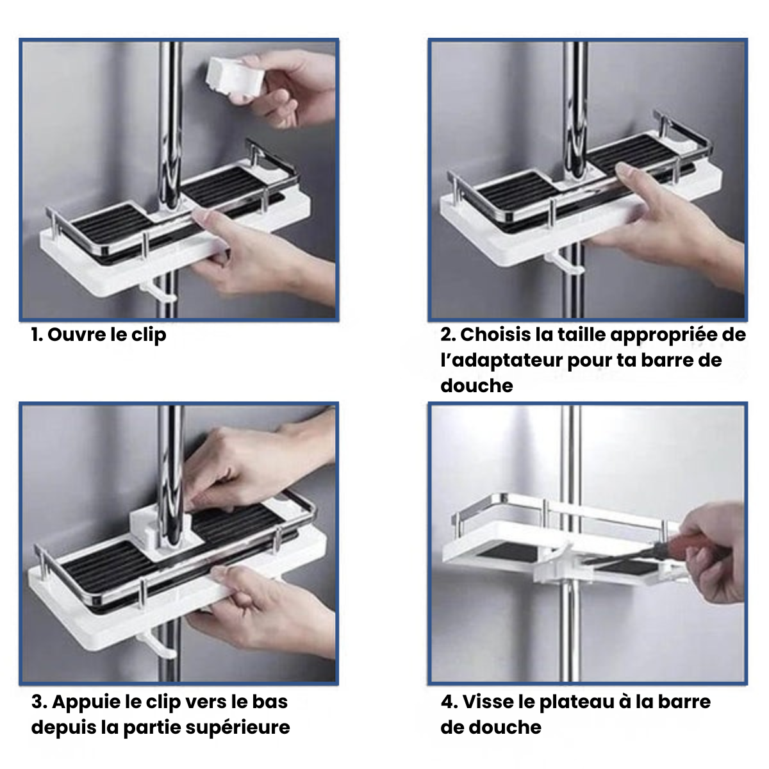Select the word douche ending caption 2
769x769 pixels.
click(x=477, y=386)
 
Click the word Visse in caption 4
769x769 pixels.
click(x=488, y=702)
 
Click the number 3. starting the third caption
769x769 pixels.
click(x=39, y=702)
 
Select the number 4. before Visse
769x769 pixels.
click(x=449, y=702)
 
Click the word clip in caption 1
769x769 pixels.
click(x=149, y=335)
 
